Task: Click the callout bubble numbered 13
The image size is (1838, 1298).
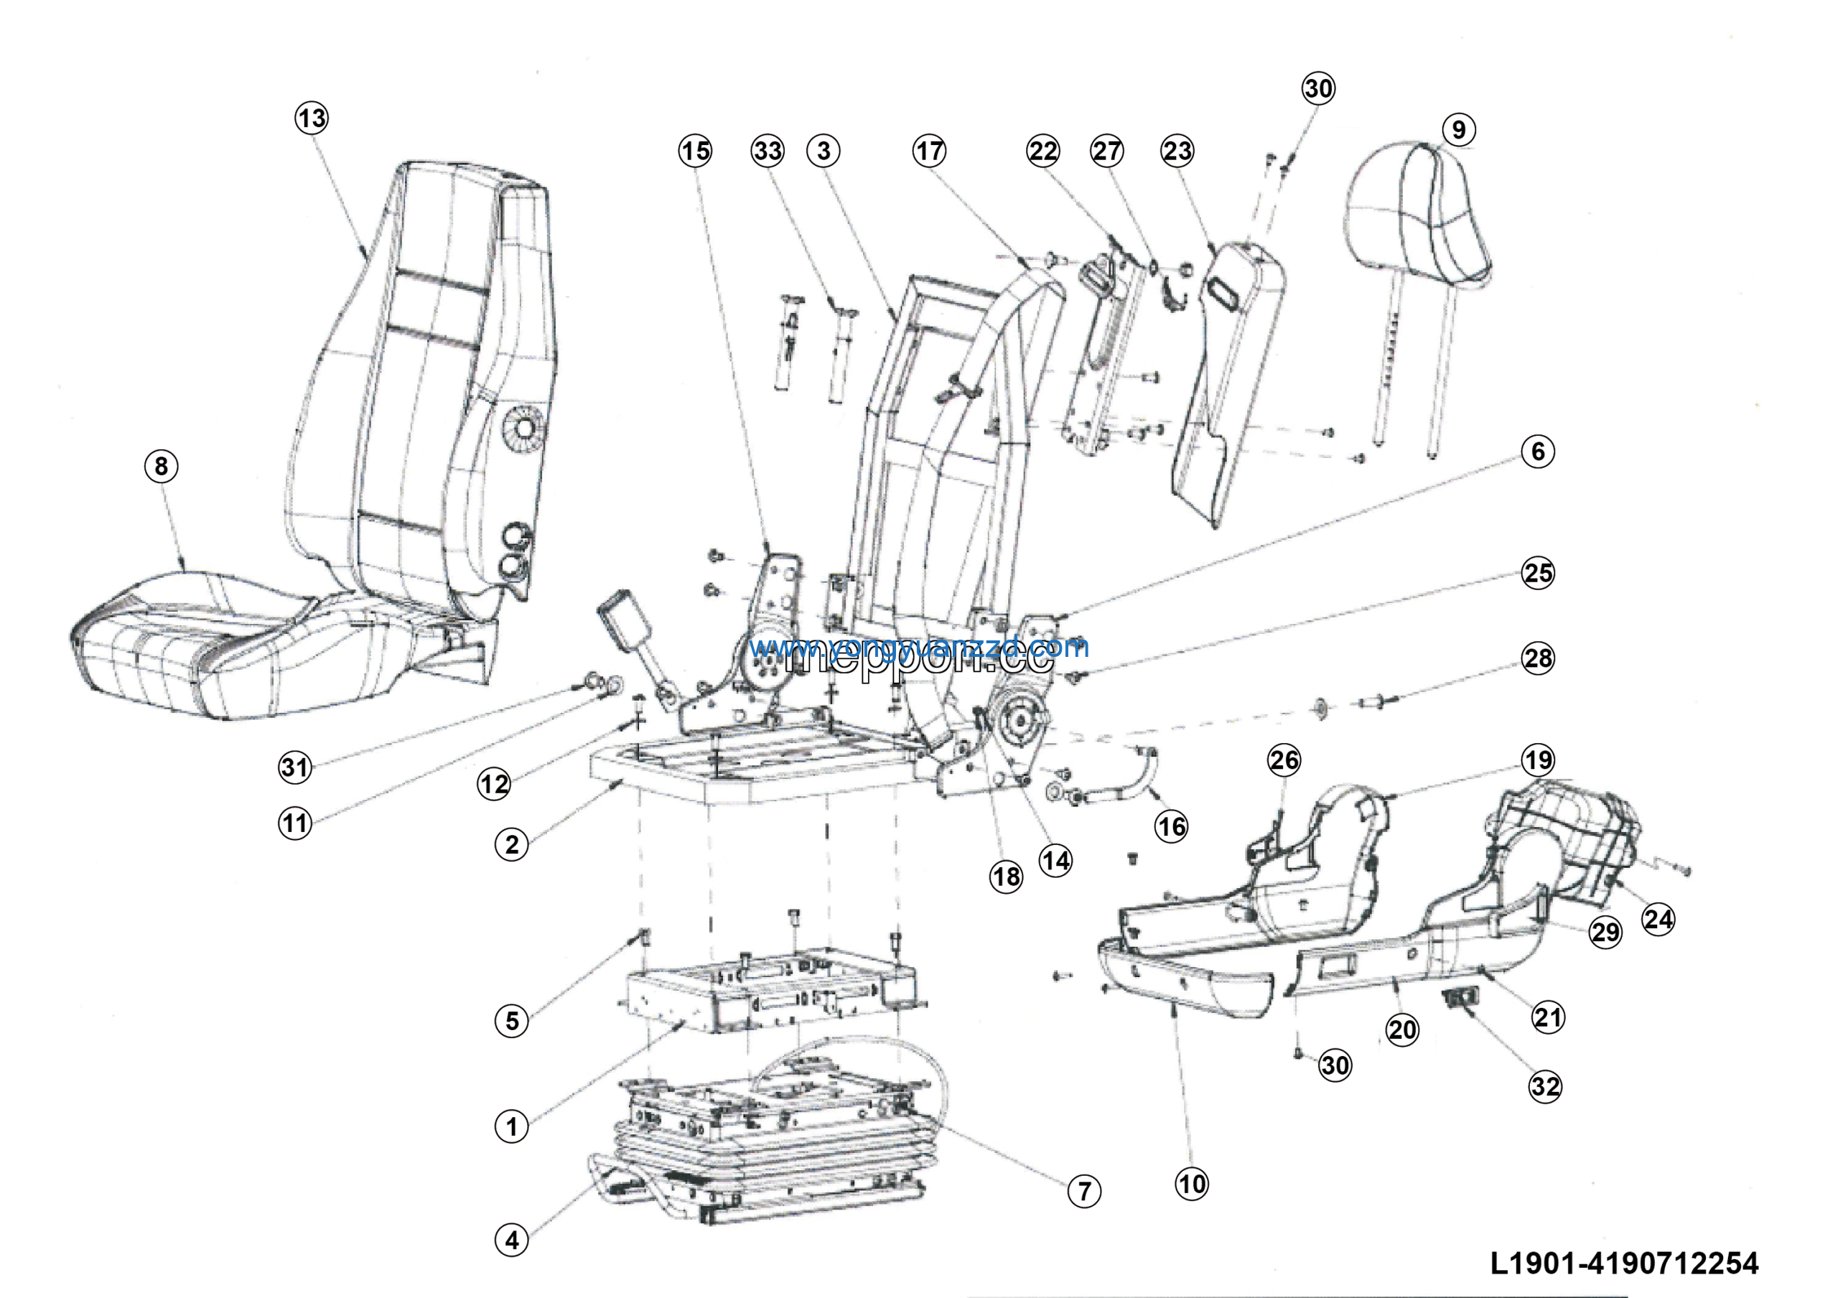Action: [x=312, y=118]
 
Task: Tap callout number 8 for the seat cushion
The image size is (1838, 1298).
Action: [x=161, y=466]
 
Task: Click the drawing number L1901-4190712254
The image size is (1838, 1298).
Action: [x=1624, y=1263]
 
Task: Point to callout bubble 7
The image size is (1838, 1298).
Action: [x=1084, y=1191]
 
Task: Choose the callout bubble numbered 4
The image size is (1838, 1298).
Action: [x=511, y=1241]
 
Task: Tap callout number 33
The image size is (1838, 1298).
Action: [x=767, y=151]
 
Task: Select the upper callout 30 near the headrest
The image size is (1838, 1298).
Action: [x=1318, y=88]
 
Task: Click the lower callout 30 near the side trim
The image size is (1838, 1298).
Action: [x=1335, y=1065]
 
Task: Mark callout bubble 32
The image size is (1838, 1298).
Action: [x=1545, y=1086]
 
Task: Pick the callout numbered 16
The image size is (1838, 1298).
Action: [x=1171, y=826]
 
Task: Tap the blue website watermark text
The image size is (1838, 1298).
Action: [x=919, y=647]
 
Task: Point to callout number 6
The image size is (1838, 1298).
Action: [x=1538, y=452]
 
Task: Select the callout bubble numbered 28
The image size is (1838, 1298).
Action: [x=1538, y=658]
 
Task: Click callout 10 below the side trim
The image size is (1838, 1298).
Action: [x=1191, y=1184]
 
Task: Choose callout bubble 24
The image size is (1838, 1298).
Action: [x=1658, y=919]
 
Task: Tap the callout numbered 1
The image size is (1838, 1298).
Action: [x=511, y=1126]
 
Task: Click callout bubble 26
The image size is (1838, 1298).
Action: [x=1284, y=760]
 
